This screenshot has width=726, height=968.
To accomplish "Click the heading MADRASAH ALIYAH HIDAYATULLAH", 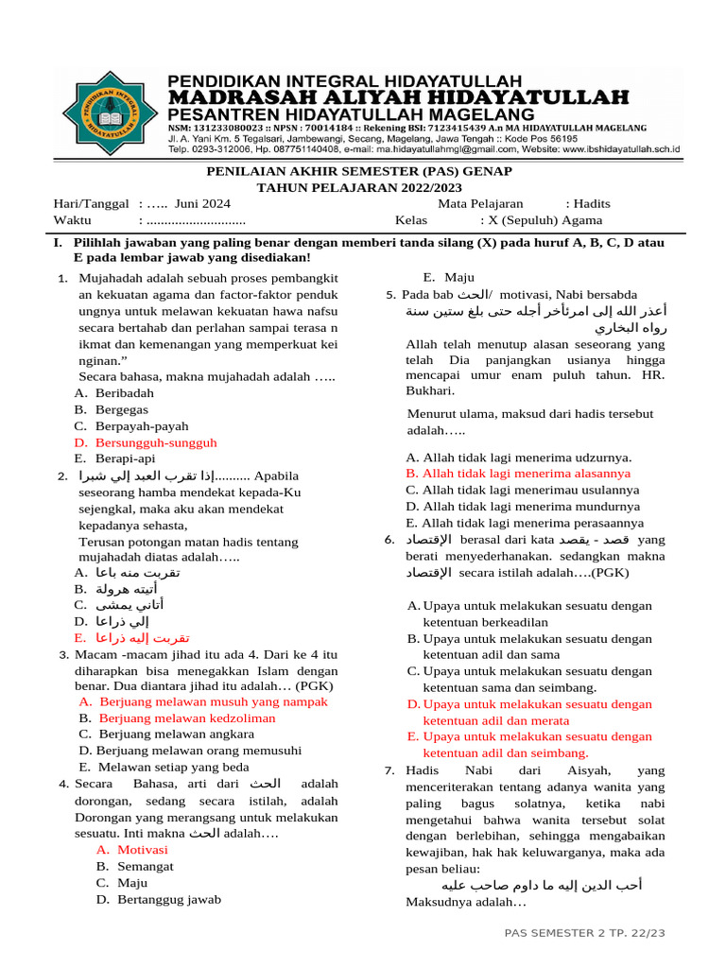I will (x=398, y=97).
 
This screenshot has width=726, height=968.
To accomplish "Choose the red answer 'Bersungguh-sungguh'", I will (x=156, y=441).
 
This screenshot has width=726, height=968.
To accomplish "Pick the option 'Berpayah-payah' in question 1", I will (x=142, y=425).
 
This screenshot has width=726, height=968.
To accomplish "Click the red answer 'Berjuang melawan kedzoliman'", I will (x=187, y=717).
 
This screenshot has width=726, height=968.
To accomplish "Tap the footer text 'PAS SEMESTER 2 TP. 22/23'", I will (x=585, y=933).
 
